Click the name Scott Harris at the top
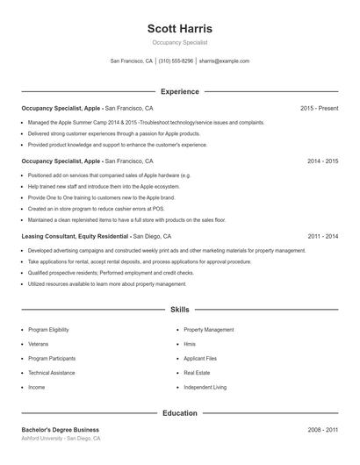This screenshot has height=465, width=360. click(x=180, y=28)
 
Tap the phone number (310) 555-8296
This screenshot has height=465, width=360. click(x=176, y=61)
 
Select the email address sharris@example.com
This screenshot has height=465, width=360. click(x=225, y=61)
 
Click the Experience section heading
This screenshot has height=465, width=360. click(x=180, y=91)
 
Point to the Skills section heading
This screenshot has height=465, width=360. click(x=180, y=310)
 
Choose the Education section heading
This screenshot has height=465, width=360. click(x=180, y=412)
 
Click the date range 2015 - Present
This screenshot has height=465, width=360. click(x=319, y=108)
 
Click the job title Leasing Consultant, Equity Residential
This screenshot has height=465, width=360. click(x=76, y=236)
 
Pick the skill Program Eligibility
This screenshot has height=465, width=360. click(x=49, y=330)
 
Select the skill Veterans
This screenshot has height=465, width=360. click(x=38, y=344)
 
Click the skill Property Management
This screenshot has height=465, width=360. click(x=209, y=330)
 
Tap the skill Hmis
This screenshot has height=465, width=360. click(x=190, y=344)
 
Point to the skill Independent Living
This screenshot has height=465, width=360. click(x=205, y=387)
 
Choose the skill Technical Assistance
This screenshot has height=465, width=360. click(x=52, y=373)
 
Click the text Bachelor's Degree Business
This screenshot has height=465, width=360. click(x=61, y=430)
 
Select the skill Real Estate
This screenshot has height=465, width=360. click(x=198, y=373)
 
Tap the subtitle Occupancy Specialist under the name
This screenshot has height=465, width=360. click(x=180, y=42)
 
